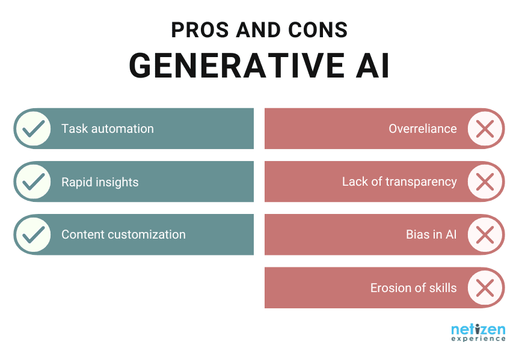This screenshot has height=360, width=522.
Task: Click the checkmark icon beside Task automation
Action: [x=32, y=129]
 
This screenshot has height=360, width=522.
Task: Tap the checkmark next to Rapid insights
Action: [x=32, y=182]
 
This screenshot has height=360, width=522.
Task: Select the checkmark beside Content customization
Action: [x=32, y=234]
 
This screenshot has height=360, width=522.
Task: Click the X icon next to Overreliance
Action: [x=485, y=129]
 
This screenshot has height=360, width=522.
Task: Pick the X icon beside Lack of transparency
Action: [x=485, y=182]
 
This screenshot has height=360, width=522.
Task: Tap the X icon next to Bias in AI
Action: [x=485, y=234]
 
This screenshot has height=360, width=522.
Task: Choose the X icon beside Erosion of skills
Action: [x=485, y=288]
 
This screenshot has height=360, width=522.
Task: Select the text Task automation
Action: [x=107, y=129]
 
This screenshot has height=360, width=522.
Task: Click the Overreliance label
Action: [x=422, y=129]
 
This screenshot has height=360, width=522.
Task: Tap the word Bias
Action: [x=417, y=234]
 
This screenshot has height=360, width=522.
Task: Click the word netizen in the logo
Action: [x=478, y=329]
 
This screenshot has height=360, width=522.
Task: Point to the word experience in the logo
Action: [x=478, y=339]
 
